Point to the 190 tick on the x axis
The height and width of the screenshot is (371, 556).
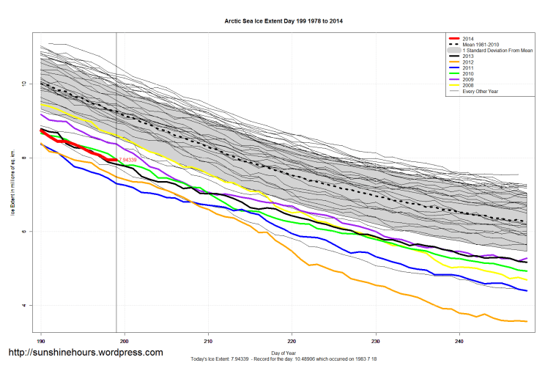[x=41, y=341]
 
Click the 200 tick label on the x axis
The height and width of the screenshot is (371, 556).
[x=125, y=341]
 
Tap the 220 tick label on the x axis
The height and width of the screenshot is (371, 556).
[x=292, y=341]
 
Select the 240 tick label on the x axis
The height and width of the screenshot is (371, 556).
[x=459, y=341]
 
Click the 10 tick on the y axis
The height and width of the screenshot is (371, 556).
[x=23, y=84]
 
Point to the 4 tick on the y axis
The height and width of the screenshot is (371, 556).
[x=23, y=306]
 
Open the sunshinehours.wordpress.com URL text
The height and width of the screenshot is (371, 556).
[x=85, y=353]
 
